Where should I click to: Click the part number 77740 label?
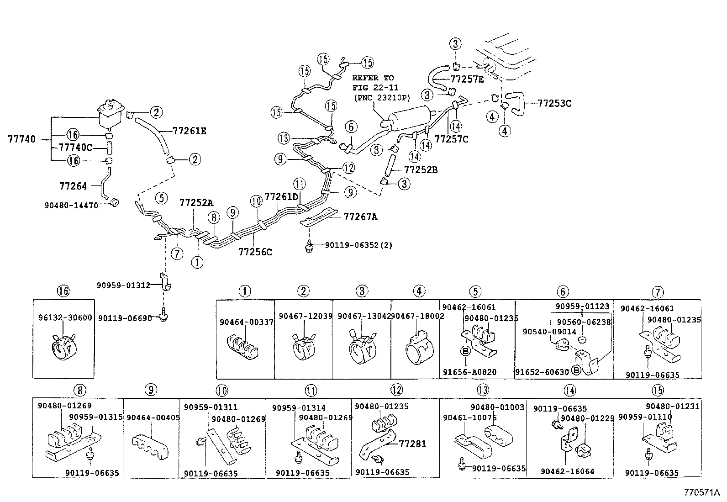(21, 139)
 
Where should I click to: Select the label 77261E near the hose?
(190, 131)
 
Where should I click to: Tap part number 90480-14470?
(71, 206)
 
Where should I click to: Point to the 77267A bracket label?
(360, 217)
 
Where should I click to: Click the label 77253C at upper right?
(554, 103)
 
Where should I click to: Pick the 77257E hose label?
(467, 79)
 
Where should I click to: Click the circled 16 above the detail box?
(63, 291)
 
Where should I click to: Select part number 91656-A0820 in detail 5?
(469, 372)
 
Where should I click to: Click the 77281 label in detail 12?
(412, 444)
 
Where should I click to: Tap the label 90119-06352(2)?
(358, 245)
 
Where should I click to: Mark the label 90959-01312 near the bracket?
(123, 285)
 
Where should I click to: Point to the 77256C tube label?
(255, 252)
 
